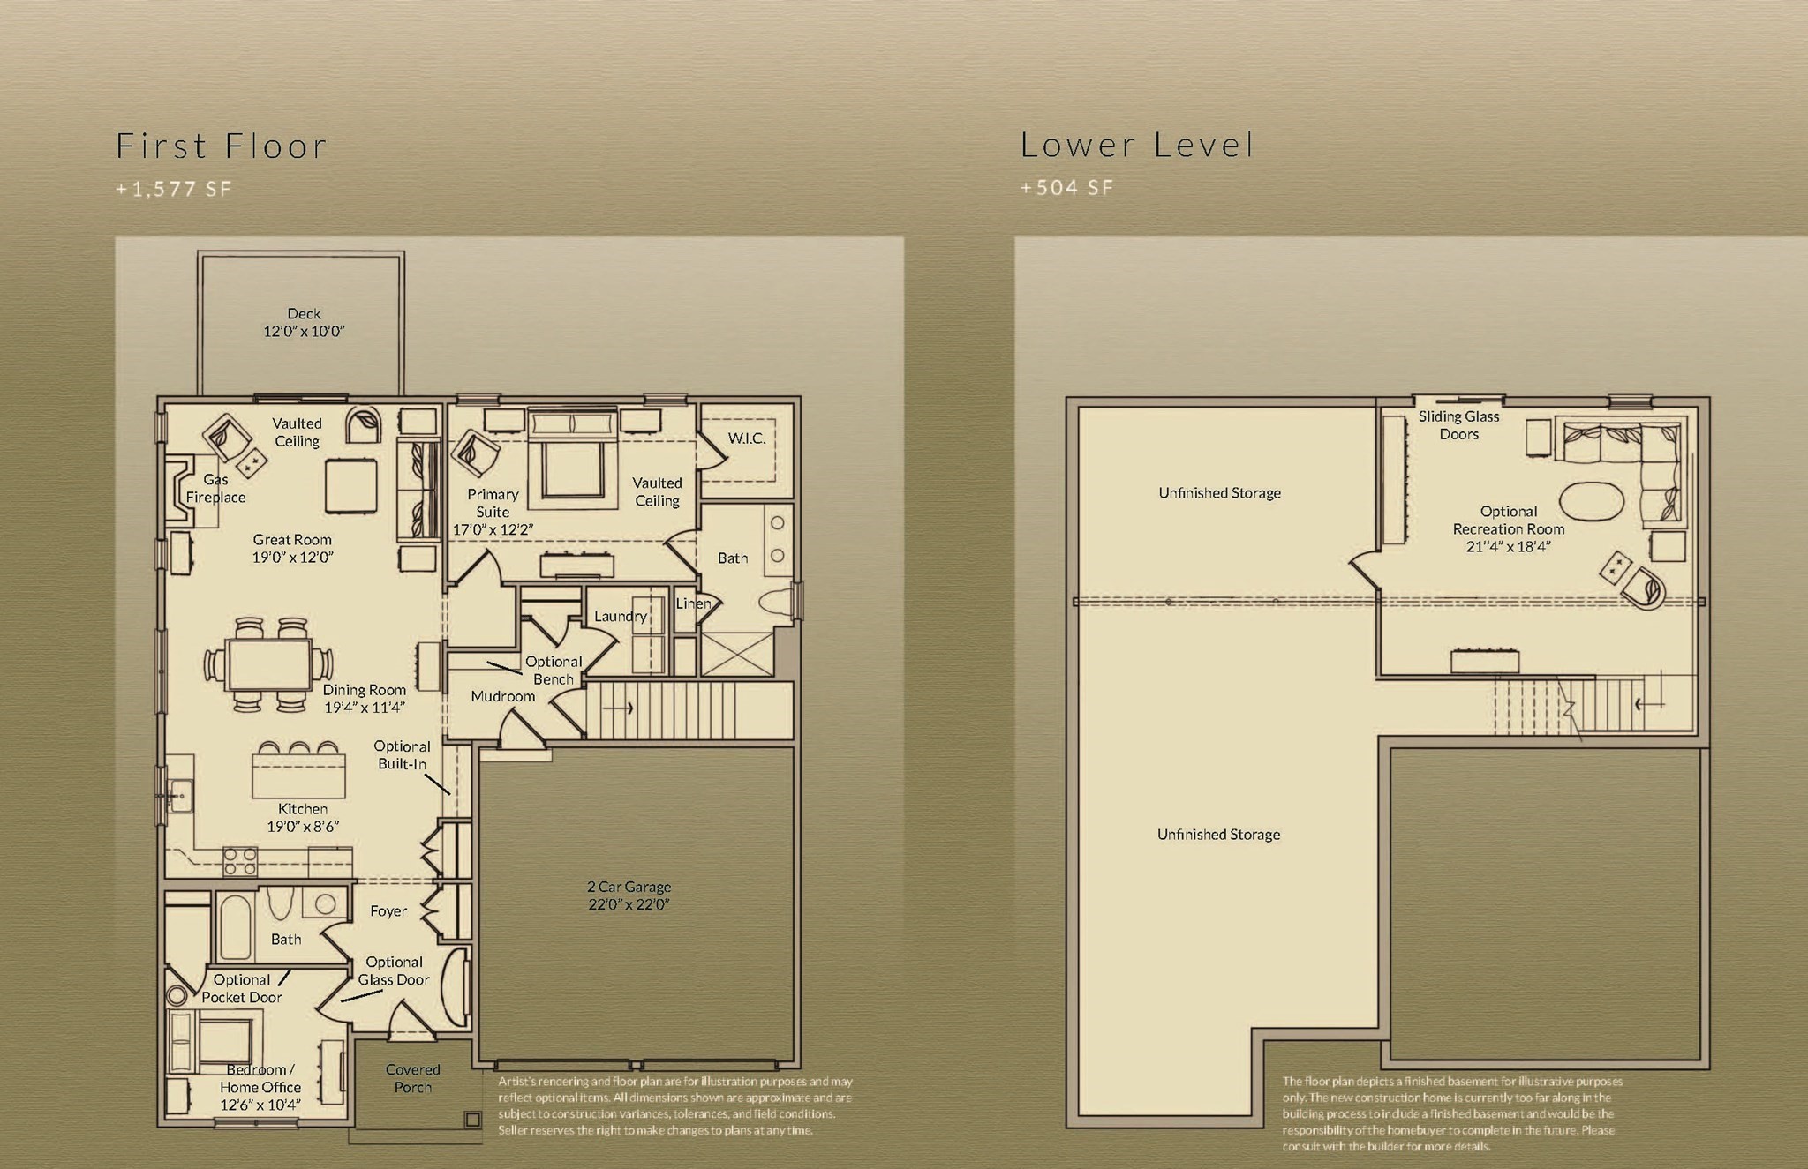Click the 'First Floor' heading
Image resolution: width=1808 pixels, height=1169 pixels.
pos(221,146)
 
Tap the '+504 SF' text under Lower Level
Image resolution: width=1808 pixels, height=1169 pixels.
pos(1066,188)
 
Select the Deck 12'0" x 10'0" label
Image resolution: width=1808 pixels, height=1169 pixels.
pos(304,323)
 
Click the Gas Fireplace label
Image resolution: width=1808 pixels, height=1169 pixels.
pos(215,489)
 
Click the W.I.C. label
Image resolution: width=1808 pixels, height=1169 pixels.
pos(746,438)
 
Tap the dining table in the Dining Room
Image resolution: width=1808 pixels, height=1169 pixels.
pos(268,664)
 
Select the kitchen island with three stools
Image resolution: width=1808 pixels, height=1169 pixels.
pos(298,775)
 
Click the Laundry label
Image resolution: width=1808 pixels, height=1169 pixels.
pos(620,616)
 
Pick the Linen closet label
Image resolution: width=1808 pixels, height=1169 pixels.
pos(693,603)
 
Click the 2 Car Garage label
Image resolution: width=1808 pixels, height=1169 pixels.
pos(629,895)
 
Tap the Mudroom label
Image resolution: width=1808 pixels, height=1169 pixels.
pos(502,696)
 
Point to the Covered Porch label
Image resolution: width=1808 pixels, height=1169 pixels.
pos(412,1078)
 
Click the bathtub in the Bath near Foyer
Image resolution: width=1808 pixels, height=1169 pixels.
pos(235,927)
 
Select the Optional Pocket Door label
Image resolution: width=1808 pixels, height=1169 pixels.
pos(241,988)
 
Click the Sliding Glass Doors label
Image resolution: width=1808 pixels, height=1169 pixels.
pos(1458,425)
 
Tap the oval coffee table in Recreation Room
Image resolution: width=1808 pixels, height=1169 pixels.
pos(1591,501)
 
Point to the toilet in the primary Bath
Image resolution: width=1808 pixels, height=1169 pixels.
pos(775,602)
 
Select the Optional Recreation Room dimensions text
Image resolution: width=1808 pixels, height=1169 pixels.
pos(1508,547)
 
